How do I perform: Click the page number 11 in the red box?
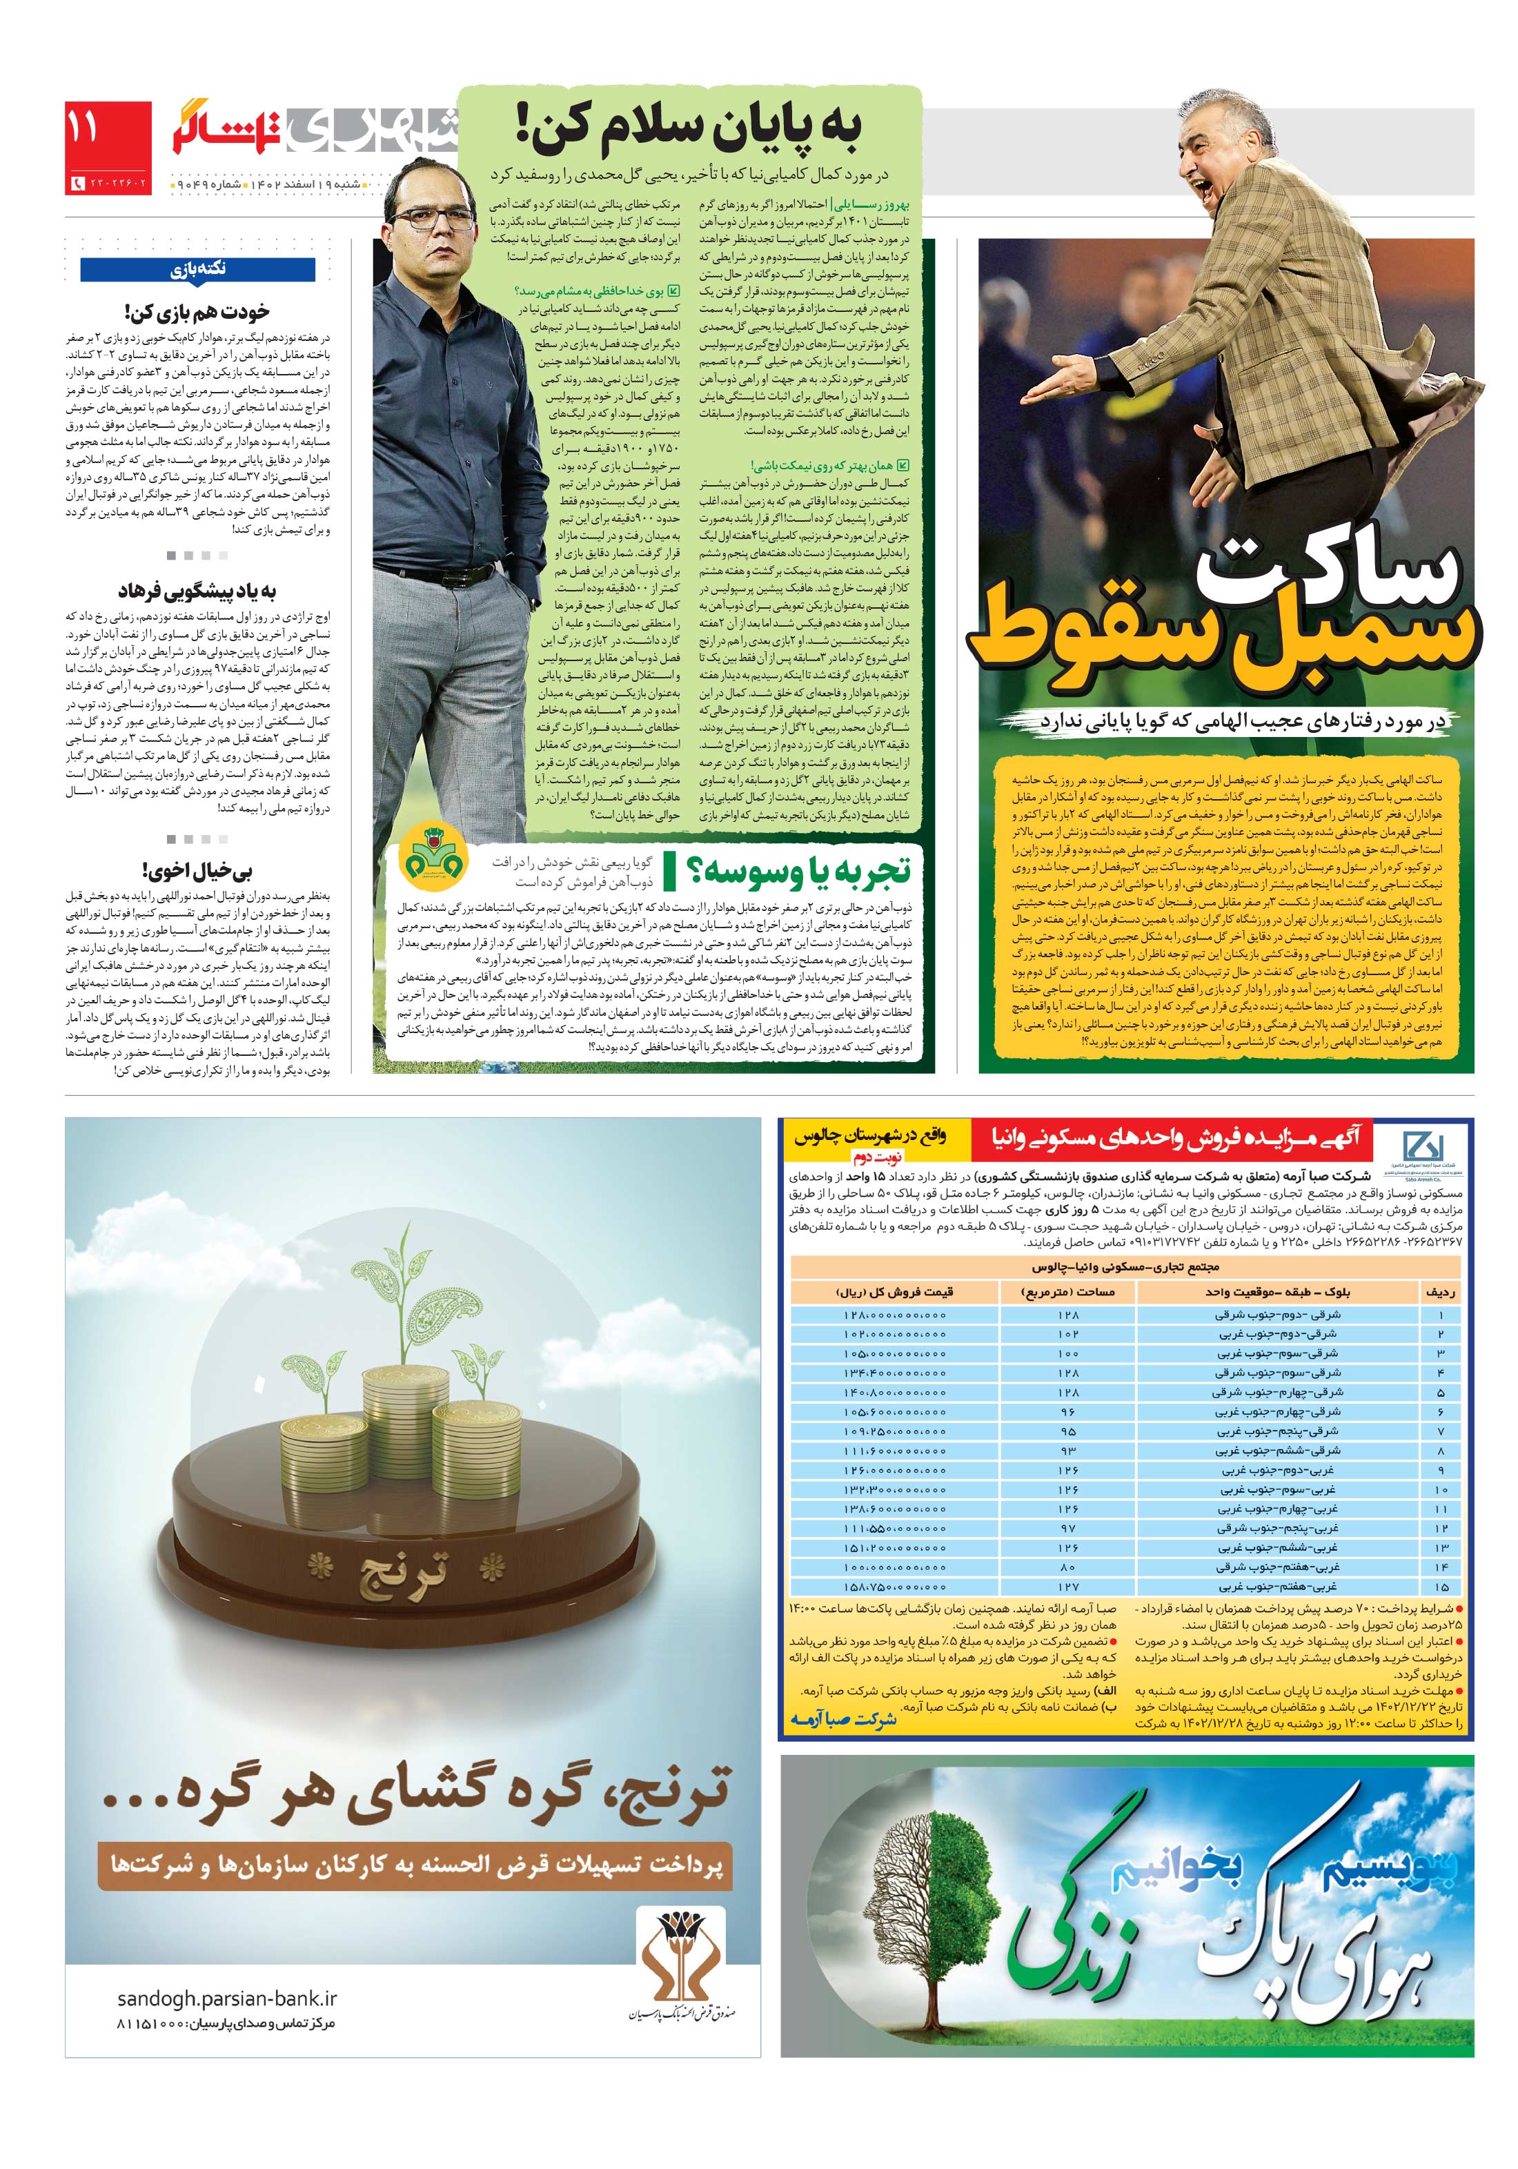pyautogui.click(x=83, y=128)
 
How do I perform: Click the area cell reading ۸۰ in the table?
pyautogui.click(x=1067, y=1567)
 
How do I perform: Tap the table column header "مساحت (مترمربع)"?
pyautogui.click(x=1068, y=1290)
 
